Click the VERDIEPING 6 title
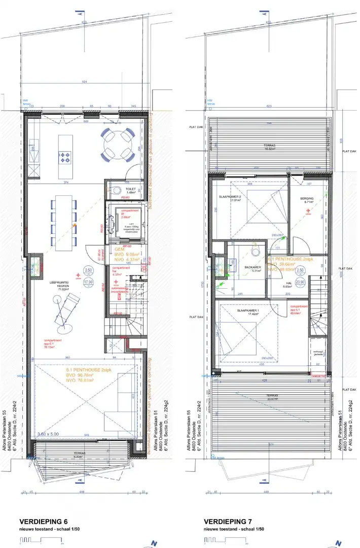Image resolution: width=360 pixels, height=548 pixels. [43, 521]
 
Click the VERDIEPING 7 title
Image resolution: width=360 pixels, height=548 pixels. [229, 521]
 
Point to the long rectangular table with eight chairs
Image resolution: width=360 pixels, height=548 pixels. [64, 222]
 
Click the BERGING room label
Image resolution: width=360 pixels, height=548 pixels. [307, 199]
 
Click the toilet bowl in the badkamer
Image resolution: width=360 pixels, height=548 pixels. [255, 252]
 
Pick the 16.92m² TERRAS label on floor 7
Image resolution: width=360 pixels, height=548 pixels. [269, 147]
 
